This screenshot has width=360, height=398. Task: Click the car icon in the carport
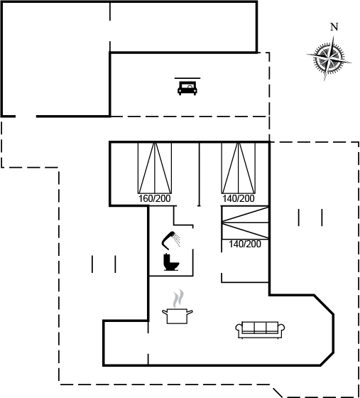tap(187, 88)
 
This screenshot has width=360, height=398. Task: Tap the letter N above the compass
tap(334, 27)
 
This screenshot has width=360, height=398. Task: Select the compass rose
tap(329, 58)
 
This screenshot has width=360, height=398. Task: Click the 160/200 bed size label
tap(154, 198)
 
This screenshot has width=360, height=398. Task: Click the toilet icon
tap(171, 262)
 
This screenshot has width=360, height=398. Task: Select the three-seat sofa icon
tap(261, 330)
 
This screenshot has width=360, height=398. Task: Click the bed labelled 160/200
tap(155, 168)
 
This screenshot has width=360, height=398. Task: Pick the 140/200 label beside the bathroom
tap(245, 244)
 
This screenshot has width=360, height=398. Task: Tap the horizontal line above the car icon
tap(187, 78)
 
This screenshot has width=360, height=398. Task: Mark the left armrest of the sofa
tap(239, 328)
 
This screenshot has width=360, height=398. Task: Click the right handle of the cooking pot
tap(190, 312)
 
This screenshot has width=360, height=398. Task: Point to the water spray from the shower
tap(177, 240)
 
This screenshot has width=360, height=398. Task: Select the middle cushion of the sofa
tap(261, 327)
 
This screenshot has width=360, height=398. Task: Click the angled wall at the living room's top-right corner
tap(324, 305)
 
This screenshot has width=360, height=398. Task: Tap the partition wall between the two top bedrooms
tap(199, 174)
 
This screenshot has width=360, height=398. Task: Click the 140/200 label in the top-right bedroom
tap(239, 198)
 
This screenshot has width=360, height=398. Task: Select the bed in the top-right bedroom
tap(239, 168)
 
